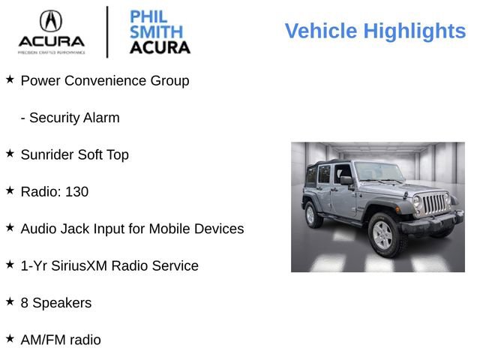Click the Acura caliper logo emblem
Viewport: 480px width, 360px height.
pos(51,20)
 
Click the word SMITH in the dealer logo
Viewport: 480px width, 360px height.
pos(156,31)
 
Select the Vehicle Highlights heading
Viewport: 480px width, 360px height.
pos(375,31)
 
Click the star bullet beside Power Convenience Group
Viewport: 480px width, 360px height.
pos(10,79)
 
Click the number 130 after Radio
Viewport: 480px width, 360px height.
pos(76,191)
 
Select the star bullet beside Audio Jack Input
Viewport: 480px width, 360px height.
pos(10,226)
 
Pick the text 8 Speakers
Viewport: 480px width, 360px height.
pos(55,303)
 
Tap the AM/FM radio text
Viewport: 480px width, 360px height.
pos(61,340)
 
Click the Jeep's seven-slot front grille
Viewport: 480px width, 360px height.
pos(433,204)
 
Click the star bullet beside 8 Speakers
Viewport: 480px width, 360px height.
pos(10,301)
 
